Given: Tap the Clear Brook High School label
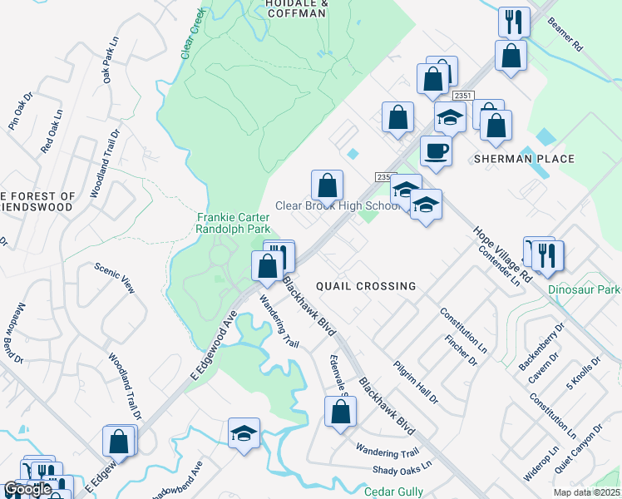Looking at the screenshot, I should coord(339,206).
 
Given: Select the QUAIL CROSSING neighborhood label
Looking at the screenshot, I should coord(366,286).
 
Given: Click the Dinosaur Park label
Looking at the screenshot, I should coord(585,290).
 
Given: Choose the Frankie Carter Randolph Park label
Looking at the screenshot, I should coord(234,224).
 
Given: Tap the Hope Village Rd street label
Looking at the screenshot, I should coord(501,254).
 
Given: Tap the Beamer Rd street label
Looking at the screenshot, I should coord(565,36).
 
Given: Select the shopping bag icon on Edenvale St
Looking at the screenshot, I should coord(340,411).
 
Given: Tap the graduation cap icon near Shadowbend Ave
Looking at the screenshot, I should coord(244,432).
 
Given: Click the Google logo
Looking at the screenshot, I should coord(27,490).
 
